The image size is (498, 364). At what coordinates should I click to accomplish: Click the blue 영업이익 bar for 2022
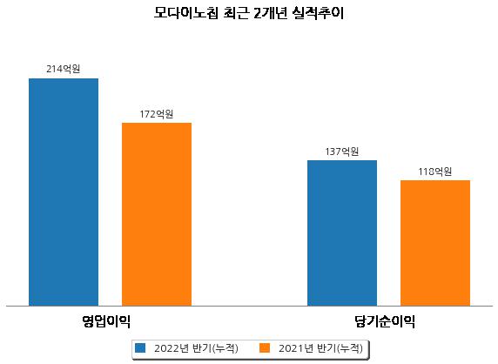(x=64, y=192)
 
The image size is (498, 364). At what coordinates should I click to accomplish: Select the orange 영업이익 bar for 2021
(x=157, y=214)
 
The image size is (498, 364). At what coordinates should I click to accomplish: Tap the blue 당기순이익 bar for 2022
(x=342, y=233)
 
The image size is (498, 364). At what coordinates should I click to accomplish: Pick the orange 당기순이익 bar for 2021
(x=435, y=243)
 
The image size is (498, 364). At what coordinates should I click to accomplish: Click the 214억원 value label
(x=64, y=69)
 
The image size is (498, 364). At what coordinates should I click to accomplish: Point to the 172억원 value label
(x=157, y=114)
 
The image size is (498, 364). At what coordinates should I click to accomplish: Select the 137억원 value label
(x=342, y=152)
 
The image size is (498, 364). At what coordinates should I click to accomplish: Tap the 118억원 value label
(x=435, y=172)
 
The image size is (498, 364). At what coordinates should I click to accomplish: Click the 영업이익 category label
(x=106, y=321)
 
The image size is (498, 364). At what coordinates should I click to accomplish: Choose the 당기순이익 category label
(x=385, y=321)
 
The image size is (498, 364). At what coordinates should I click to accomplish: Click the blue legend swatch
(x=140, y=347)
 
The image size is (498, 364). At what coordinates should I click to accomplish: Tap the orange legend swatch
(x=265, y=347)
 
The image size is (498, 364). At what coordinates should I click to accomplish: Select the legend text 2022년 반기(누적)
(x=196, y=348)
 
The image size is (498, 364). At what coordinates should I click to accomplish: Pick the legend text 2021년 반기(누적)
(x=320, y=348)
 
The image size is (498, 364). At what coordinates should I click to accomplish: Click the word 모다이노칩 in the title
(x=186, y=13)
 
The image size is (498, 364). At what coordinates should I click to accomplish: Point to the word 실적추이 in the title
(x=319, y=13)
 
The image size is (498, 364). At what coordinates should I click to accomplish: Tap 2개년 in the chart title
(x=270, y=13)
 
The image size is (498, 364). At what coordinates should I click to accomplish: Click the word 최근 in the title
(x=235, y=13)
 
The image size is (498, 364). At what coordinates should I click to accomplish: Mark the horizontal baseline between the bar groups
(x=249, y=307)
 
